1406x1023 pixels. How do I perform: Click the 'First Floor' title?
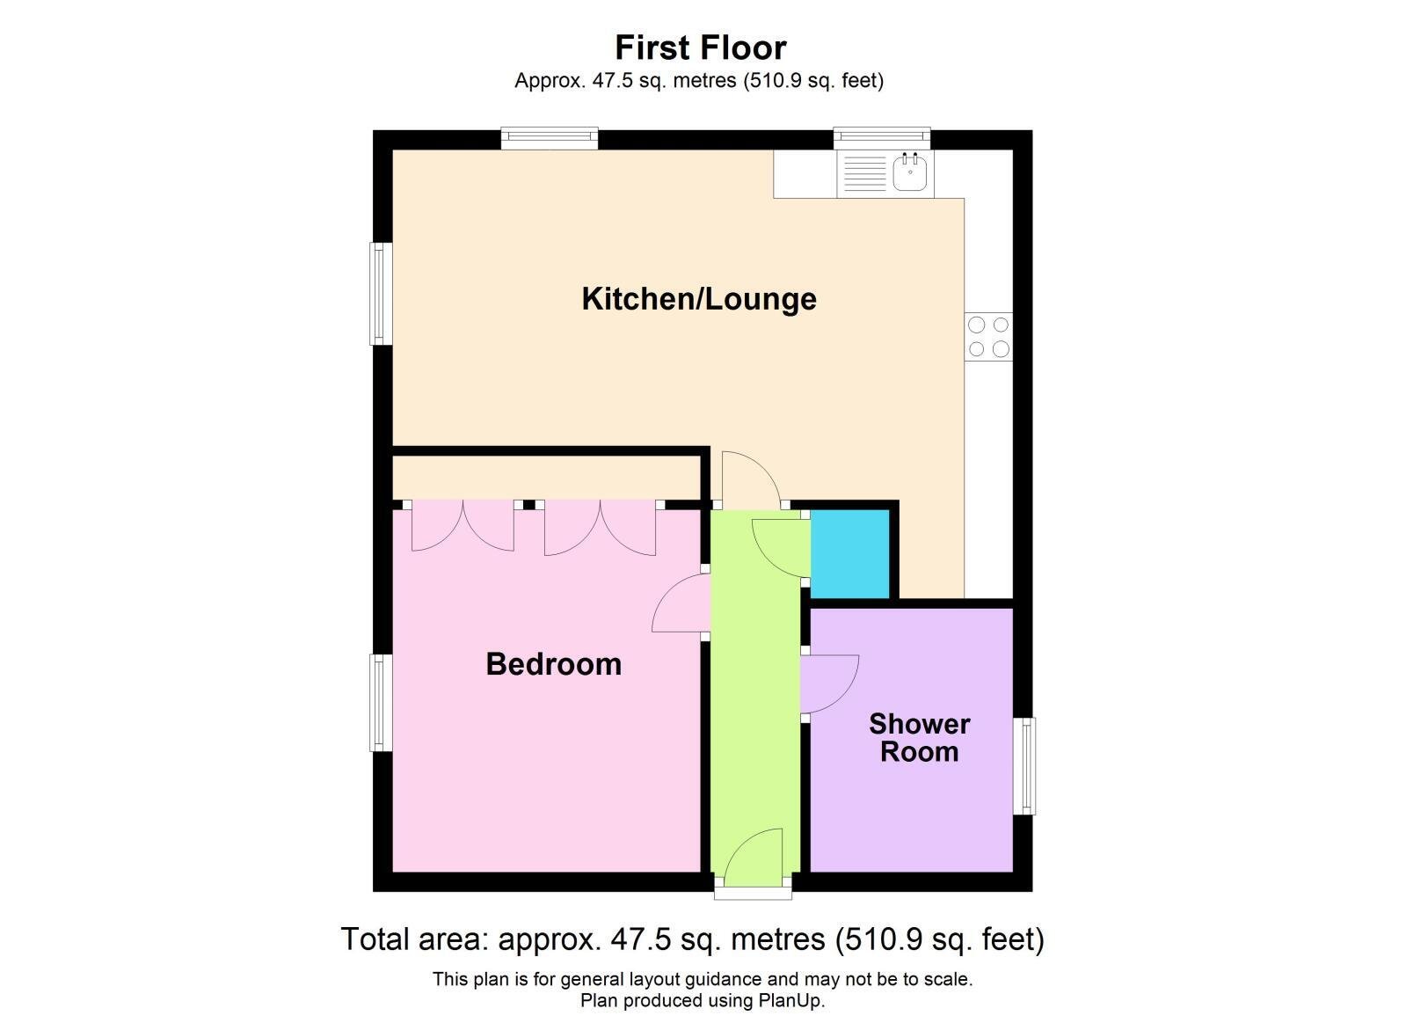click(x=700, y=47)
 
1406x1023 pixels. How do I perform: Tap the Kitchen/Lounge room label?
click(x=699, y=299)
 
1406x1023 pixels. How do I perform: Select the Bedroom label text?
click(x=553, y=664)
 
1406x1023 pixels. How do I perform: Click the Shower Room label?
click(x=919, y=738)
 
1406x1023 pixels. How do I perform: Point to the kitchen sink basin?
click(x=910, y=172)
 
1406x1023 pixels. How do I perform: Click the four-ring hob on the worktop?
click(x=988, y=337)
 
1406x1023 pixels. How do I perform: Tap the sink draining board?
click(x=865, y=173)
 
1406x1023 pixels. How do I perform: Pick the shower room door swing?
click(x=829, y=683)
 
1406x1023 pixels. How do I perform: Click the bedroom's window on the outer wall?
click(x=380, y=702)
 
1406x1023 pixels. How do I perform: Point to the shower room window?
click(x=1024, y=765)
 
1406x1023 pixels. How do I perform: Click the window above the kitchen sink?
click(x=881, y=137)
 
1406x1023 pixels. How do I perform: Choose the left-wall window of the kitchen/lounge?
click(x=380, y=293)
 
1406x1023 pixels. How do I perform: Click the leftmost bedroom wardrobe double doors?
click(x=463, y=526)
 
